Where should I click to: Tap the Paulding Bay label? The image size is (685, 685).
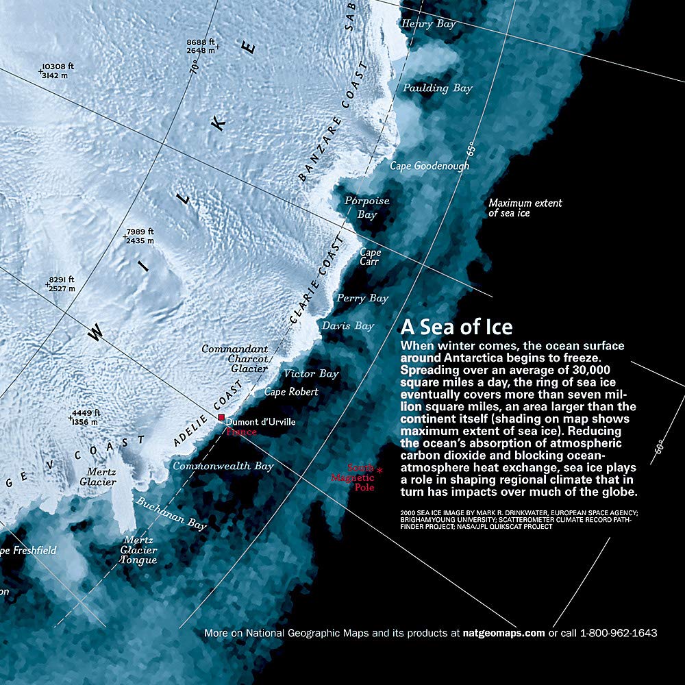click(437, 88)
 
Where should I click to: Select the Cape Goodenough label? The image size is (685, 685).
click(429, 166)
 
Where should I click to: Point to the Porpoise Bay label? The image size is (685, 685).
click(366, 208)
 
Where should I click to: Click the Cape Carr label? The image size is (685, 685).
click(370, 257)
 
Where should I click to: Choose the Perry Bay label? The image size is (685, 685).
click(362, 299)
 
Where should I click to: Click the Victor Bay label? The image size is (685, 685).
click(311, 374)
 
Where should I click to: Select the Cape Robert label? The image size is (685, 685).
click(291, 392)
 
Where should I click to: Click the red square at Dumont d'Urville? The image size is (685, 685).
click(221, 417)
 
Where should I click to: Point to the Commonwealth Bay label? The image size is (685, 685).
click(223, 466)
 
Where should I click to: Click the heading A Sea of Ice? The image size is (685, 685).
click(456, 326)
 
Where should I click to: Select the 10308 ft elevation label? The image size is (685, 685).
click(58, 71)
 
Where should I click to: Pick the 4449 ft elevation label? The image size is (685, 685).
click(84, 417)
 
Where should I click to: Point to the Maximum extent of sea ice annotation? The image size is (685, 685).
click(525, 208)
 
